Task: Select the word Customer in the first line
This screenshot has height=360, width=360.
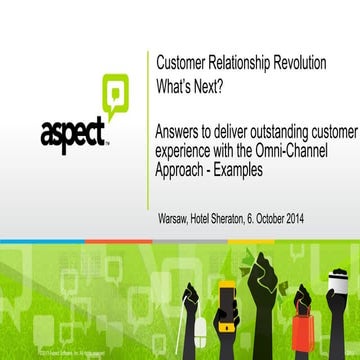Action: (183, 64)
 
